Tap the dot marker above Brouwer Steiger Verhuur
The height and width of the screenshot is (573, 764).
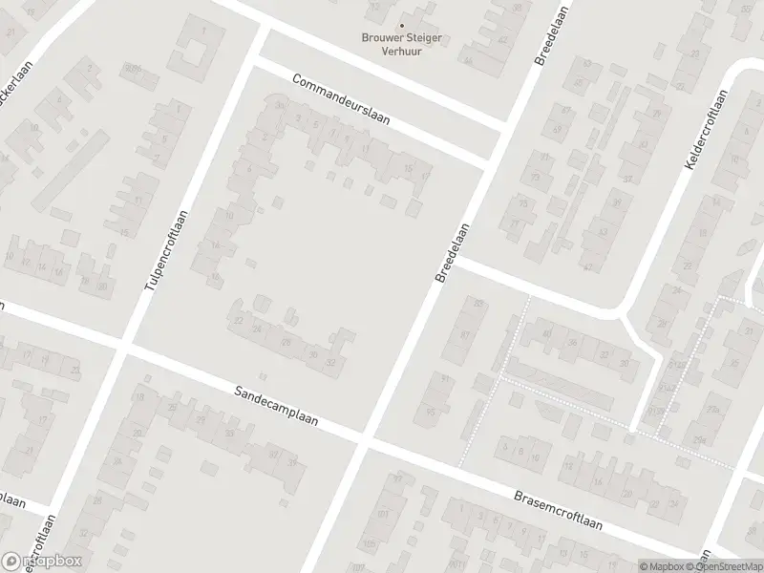(x=401, y=26)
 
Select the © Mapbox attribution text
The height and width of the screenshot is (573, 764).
(x=661, y=565)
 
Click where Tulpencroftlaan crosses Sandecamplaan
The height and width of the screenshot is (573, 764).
(x=121, y=348)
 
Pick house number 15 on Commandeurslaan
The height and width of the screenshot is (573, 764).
(x=409, y=170)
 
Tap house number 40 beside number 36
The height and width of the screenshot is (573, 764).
(x=546, y=334)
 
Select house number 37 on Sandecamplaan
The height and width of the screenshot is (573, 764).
(x=274, y=454)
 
